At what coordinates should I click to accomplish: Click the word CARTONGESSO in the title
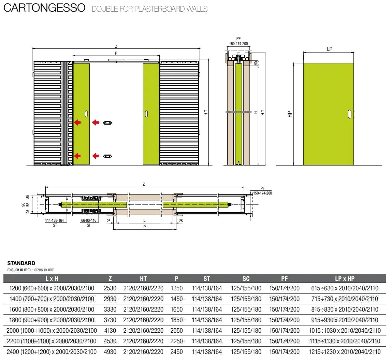pyautogui.click(x=44, y=8)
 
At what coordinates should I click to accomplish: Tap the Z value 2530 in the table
pyautogui.click(x=110, y=288)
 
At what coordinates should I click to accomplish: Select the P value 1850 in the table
pyautogui.click(x=176, y=320)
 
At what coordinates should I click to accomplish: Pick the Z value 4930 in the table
pyautogui.click(x=110, y=352)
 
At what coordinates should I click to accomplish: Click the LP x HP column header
pyautogui.click(x=345, y=279)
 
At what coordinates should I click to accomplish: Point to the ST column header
pyautogui.click(x=207, y=279)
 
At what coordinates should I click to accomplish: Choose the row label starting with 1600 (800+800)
pyautogui.click(x=52, y=309)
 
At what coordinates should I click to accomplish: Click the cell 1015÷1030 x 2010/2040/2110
pyautogui.click(x=345, y=331)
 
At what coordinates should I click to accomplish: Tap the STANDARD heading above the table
pyautogui.click(x=21, y=263)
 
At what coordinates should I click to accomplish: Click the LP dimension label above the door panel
pyautogui.click(x=330, y=49)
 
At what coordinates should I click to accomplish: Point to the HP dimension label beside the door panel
pyautogui.click(x=290, y=114)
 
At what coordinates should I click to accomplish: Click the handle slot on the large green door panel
pyautogui.click(x=350, y=114)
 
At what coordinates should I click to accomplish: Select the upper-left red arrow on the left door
pyautogui.click(x=77, y=123)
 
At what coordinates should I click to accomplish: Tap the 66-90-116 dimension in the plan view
pyautogui.click(x=89, y=220)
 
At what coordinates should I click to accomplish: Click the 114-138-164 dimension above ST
pyautogui.click(x=54, y=220)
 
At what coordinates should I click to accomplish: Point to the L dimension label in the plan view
pyautogui.click(x=144, y=220)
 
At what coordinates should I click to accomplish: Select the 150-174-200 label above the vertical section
pyautogui.click(x=238, y=44)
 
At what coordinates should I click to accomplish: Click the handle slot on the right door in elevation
pyautogui.click(x=146, y=114)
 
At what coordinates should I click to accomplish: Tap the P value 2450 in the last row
pyautogui.click(x=176, y=352)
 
